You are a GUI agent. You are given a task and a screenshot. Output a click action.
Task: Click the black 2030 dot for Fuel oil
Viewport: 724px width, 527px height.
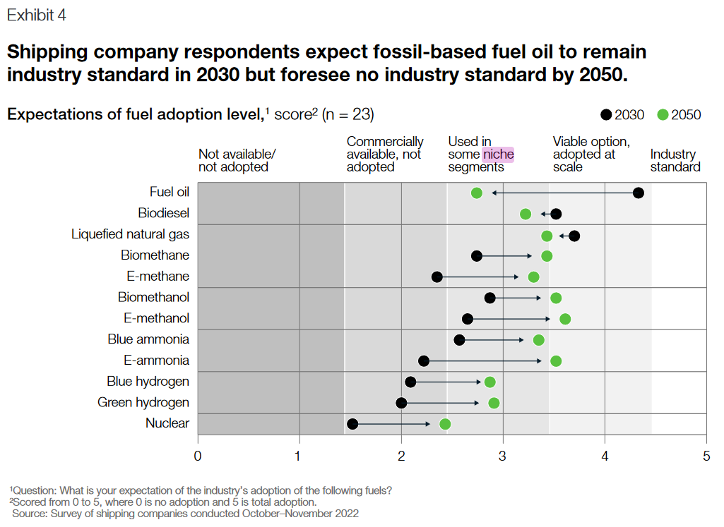[639, 193]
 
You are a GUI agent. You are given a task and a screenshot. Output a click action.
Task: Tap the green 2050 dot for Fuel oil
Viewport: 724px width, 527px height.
[477, 193]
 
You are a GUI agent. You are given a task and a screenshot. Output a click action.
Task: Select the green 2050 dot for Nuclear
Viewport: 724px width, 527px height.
[445, 424]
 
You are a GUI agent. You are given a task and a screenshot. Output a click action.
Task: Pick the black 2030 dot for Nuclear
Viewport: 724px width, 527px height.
[352, 424]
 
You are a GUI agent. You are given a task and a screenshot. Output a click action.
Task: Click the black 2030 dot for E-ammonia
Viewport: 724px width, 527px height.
[424, 361]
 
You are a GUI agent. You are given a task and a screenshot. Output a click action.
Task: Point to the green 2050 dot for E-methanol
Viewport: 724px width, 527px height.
[565, 319]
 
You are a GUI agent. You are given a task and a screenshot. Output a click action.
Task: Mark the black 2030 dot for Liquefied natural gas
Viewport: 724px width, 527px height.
[574, 236]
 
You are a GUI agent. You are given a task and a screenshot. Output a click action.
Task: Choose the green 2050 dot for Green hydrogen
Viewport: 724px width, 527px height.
[494, 403]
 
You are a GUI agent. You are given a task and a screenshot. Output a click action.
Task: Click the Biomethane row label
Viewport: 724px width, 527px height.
[155, 255]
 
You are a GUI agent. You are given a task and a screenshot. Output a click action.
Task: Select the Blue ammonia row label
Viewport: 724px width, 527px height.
[148, 339]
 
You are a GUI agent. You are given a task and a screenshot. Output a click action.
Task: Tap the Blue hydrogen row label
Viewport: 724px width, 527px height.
[148, 382]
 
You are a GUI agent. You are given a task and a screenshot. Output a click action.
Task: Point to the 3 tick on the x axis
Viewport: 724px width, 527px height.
[503, 456]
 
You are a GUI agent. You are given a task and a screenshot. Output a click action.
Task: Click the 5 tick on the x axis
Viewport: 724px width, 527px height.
[706, 456]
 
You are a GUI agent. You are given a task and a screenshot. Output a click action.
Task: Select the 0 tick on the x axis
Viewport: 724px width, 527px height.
[198, 456]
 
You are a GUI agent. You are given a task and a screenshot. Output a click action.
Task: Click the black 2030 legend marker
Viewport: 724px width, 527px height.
[606, 115]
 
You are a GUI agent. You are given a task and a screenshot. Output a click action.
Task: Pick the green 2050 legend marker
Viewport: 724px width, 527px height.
[663, 115]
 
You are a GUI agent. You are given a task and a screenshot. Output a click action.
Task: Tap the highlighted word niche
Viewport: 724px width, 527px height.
[498, 155]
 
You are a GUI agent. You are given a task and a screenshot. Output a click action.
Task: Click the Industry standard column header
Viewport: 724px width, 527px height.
[675, 161]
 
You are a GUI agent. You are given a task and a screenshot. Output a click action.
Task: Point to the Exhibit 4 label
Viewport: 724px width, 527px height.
[37, 16]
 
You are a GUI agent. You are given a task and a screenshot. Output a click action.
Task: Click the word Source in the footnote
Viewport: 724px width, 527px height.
[29, 514]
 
